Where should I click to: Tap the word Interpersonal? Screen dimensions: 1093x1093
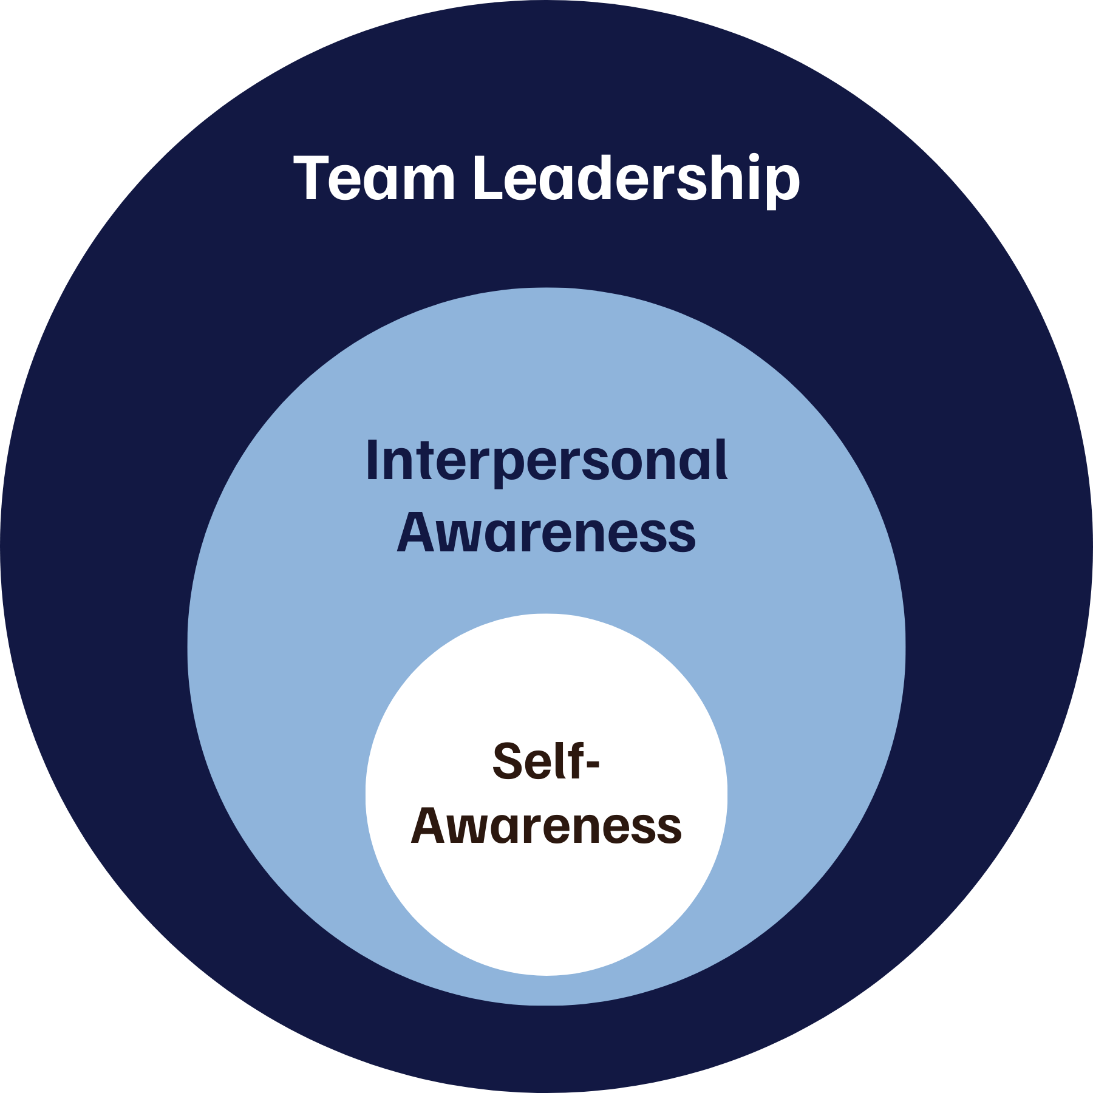(x=546, y=461)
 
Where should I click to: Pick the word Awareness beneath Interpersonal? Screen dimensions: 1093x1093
(x=546, y=533)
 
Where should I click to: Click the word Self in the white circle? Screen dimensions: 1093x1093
(x=535, y=762)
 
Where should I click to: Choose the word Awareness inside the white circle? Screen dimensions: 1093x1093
(x=546, y=826)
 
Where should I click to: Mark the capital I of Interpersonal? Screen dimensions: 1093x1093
(x=372, y=461)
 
